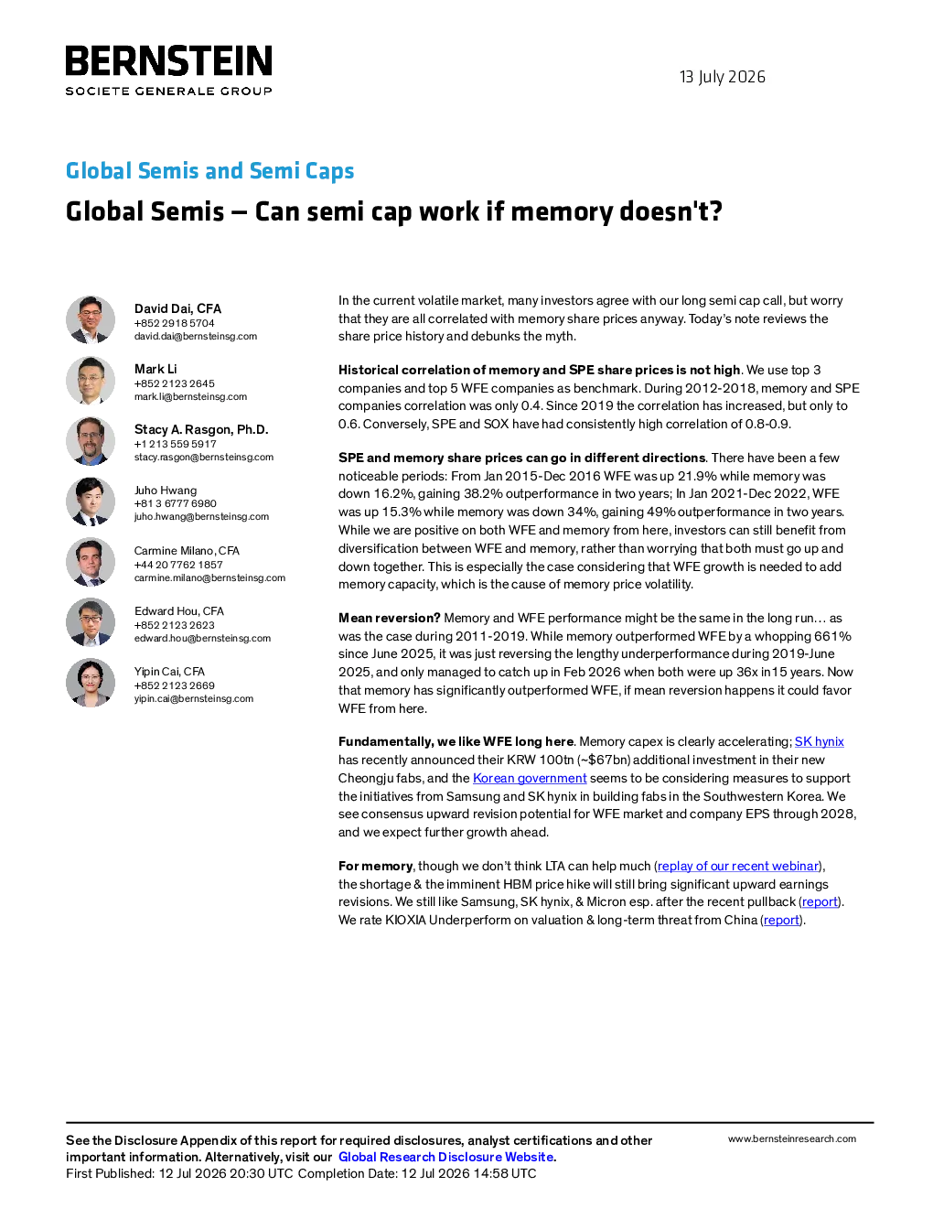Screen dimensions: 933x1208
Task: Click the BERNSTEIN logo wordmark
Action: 168,60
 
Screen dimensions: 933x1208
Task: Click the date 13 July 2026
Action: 722,77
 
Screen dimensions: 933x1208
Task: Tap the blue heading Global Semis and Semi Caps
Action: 210,170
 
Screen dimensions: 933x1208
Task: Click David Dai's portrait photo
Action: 91,319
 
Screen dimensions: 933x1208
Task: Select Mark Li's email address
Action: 190,396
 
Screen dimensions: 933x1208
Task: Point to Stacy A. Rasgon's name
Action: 201,429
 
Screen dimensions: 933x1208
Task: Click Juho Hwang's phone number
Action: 175,503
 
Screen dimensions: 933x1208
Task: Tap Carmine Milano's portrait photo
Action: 91,562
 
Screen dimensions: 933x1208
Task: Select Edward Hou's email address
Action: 202,638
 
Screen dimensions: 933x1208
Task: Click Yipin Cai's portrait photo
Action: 91,682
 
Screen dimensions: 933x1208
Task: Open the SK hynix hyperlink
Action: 819,741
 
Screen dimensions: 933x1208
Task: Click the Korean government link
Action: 530,778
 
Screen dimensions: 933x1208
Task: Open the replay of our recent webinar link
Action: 738,866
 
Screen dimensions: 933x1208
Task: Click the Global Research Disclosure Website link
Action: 446,1157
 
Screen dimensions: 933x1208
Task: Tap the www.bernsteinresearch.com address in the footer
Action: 792,1139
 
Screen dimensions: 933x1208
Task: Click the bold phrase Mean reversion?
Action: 389,618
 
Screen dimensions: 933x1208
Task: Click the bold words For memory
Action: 375,866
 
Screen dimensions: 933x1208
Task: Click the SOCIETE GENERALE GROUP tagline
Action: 168,91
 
